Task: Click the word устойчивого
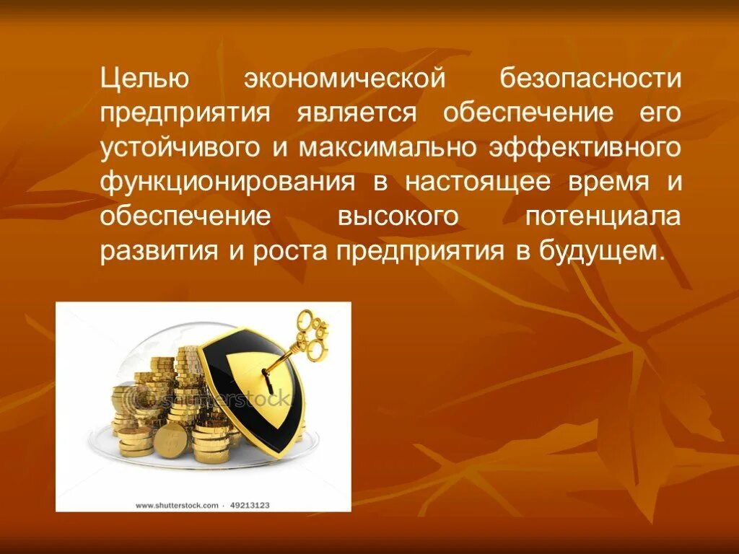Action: pyautogui.click(x=180, y=148)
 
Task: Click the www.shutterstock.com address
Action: pyautogui.click(x=177, y=506)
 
